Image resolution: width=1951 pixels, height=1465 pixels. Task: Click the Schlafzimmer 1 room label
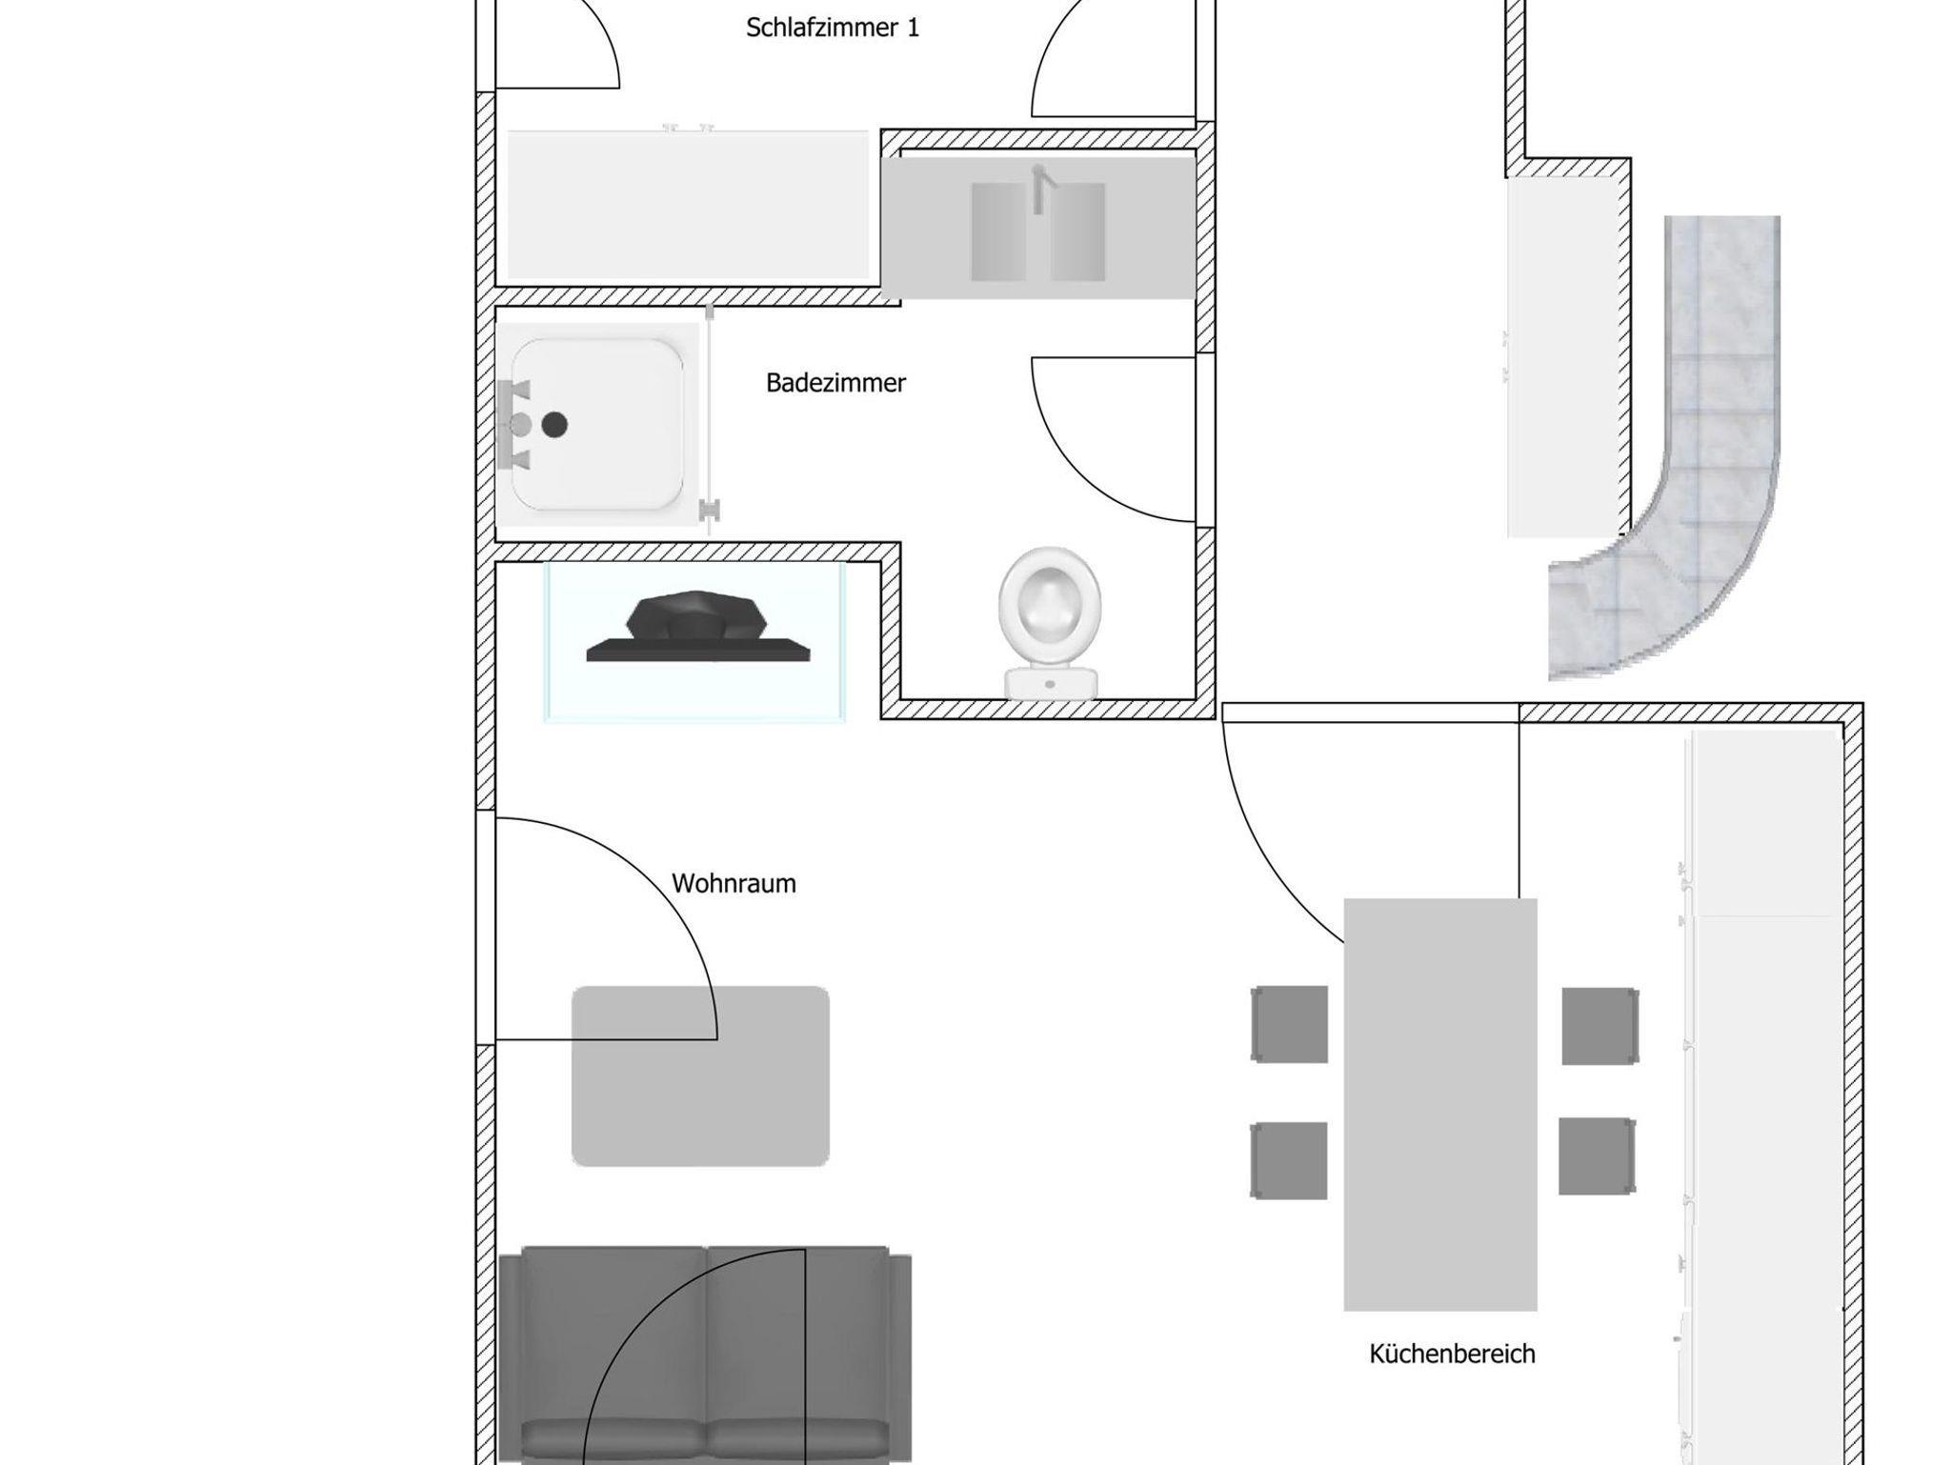coord(833,28)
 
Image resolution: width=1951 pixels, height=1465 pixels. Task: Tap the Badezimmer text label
coord(835,383)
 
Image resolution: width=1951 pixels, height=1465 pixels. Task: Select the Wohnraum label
coord(734,883)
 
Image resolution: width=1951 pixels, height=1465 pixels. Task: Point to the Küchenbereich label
coord(1452,1354)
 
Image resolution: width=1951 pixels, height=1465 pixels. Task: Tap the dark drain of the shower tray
coord(554,425)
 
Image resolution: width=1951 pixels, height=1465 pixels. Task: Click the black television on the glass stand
coord(697,626)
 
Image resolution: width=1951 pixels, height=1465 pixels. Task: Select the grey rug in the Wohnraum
coord(700,1075)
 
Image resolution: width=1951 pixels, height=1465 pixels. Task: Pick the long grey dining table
coord(1440,1104)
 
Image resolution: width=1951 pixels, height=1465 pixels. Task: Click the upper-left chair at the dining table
coord(1289,1024)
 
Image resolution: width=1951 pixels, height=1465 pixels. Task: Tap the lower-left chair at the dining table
coord(1289,1160)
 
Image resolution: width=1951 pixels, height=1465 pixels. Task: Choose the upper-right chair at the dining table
coord(1600,1026)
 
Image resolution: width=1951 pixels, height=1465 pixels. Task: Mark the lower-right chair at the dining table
coord(1598,1156)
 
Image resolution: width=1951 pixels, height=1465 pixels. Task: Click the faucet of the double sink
coord(1041,188)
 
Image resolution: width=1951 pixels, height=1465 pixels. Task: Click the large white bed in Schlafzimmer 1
coord(688,205)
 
